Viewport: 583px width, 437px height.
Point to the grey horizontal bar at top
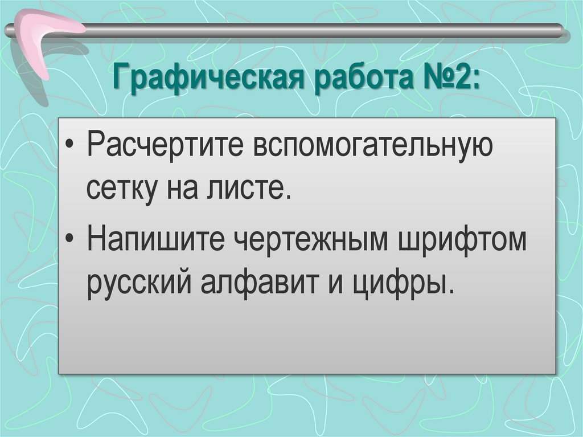click(x=319, y=29)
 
